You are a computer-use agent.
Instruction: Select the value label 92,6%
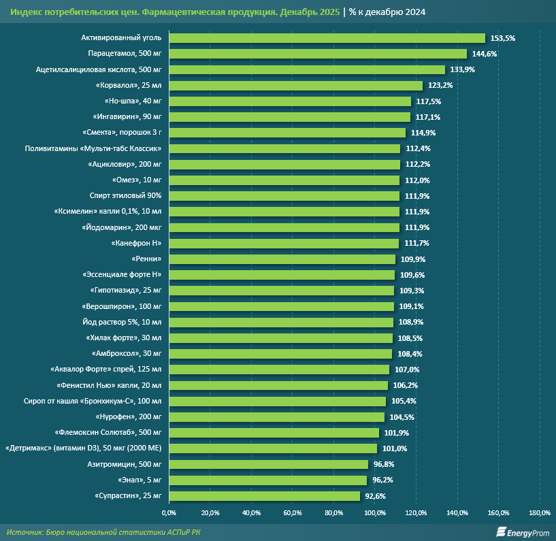pyautogui.click(x=376, y=496)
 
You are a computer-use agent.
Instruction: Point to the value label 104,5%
pyautogui.click(x=402, y=417)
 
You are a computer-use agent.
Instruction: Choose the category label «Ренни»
pyautogui.click(x=146, y=259)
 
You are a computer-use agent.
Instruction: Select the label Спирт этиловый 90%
pyautogui.click(x=129, y=196)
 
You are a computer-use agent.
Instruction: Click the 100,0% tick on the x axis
pyautogui.click(x=375, y=512)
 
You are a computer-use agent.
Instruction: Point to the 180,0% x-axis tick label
pyautogui.click(x=540, y=512)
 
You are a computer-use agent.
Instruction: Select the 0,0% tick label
pyautogui.click(x=169, y=512)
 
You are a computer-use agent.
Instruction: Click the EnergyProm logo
pyautogui.click(x=523, y=532)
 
